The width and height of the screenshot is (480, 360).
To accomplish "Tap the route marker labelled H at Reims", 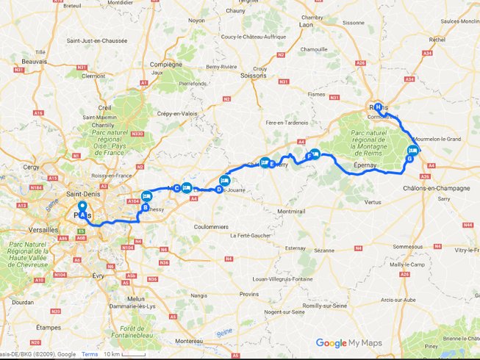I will [x=378, y=106].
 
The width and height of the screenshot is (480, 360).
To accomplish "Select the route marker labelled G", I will [x=409, y=159].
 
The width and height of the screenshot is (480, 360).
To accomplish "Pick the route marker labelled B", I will [x=146, y=208].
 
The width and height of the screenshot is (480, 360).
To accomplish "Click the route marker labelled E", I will [x=272, y=164].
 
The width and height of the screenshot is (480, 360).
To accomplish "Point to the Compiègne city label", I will [x=165, y=64].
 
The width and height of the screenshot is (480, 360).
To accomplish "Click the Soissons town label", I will [x=252, y=75].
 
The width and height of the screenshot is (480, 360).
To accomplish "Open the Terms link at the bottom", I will [x=89, y=354].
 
